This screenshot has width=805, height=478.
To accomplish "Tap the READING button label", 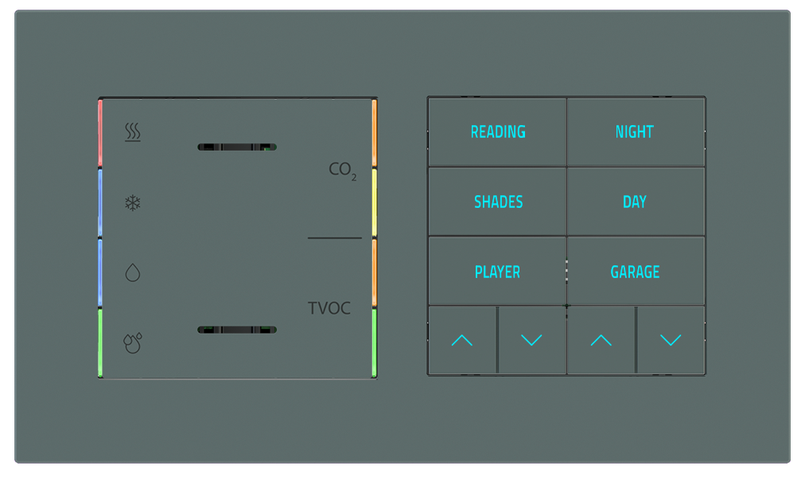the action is (x=498, y=132).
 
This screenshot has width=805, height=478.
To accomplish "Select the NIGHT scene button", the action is (x=634, y=132).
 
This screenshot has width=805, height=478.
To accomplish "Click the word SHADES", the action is (x=498, y=202).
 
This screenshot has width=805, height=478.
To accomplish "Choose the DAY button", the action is (x=634, y=202).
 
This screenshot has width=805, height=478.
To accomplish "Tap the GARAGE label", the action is (x=635, y=272).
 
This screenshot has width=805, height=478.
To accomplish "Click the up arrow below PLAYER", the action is (x=461, y=341).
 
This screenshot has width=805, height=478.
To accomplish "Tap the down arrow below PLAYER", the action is (x=531, y=341).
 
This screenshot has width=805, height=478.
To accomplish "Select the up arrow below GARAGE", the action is (x=601, y=341).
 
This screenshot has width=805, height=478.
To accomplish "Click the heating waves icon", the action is (x=133, y=132).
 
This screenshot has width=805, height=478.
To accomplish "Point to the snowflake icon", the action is (x=133, y=203).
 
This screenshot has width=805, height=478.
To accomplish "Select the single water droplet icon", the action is (x=133, y=273).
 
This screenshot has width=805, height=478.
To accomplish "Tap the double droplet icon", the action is (x=133, y=343).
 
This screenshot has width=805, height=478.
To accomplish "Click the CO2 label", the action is (x=342, y=170).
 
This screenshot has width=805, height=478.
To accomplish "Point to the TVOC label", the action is (x=329, y=308).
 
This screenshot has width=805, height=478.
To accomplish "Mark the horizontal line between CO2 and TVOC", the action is (x=334, y=238).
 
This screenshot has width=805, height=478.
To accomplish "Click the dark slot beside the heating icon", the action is (x=236, y=147).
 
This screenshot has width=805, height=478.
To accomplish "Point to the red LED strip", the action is (x=100, y=134).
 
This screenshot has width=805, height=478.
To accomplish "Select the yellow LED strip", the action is (x=374, y=203).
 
